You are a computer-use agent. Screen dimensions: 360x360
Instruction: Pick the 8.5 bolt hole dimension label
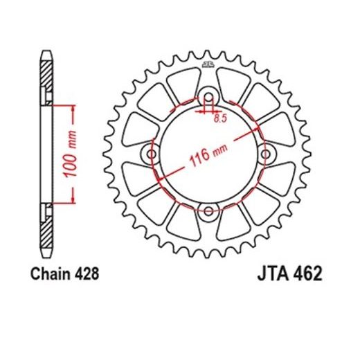tap(220, 118)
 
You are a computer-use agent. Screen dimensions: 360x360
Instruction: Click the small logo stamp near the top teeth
tap(206, 66)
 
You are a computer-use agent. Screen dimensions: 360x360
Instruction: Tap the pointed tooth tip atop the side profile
tap(46, 53)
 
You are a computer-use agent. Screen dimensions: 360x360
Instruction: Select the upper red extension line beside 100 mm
tap(61, 105)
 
